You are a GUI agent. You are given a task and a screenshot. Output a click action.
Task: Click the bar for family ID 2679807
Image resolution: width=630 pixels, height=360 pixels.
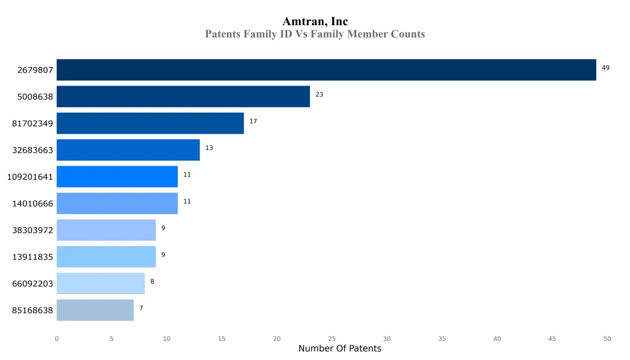326,70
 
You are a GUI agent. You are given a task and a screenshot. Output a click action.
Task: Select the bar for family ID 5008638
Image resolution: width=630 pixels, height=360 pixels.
183,97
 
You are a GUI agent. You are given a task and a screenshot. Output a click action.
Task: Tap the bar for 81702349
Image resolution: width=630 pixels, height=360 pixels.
150,123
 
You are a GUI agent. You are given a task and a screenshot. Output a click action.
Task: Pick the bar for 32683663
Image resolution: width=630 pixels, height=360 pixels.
128,150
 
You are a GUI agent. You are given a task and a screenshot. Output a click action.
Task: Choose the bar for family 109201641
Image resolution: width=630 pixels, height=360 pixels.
117,177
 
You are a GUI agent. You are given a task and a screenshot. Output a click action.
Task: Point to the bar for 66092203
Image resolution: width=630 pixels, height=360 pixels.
100,283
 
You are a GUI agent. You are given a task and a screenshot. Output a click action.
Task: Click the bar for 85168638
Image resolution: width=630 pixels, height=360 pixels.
95,310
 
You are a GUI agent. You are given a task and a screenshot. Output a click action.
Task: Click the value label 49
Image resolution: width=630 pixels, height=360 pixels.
605,68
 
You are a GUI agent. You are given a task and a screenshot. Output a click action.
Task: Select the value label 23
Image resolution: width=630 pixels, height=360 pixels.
319,94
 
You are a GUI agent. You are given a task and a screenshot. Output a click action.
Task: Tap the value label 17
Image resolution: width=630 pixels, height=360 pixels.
253,121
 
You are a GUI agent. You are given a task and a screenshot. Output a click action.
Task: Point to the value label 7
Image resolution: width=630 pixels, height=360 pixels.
141,308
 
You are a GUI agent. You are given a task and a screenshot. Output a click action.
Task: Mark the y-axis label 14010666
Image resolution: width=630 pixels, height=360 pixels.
33,204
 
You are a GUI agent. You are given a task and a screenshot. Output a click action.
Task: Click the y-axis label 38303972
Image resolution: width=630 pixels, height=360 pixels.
33,230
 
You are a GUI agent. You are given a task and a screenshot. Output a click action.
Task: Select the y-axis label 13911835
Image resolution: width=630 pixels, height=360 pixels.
33,257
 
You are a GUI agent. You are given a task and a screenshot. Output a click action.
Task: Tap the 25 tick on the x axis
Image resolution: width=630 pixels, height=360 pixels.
332,338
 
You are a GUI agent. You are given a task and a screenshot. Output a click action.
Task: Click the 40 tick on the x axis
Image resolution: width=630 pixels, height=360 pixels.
497,338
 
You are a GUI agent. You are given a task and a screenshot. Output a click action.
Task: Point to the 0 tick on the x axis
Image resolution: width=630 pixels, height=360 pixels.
57,338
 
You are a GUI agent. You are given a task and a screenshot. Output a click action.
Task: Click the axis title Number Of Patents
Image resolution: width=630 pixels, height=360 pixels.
340,349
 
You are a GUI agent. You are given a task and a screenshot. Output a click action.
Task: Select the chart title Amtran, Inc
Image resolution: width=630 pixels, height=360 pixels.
315,22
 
